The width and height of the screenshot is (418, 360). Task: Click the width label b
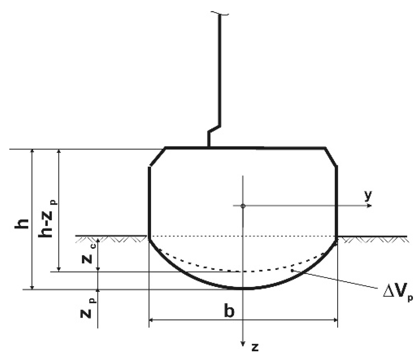coord(229,311)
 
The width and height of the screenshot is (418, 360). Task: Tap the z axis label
coord(255,347)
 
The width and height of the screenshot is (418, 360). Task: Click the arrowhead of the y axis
coord(370,206)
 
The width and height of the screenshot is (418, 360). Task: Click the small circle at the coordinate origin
coord(243,206)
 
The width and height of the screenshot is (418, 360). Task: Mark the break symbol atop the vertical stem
coord(220,13)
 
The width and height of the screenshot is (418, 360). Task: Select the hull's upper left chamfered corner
coord(157,157)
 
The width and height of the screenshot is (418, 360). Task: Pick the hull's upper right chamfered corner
coord(331,156)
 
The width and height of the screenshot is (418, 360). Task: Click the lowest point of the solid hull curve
coord(243,288)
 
